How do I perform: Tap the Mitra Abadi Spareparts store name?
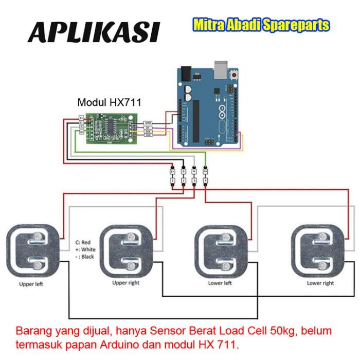261,25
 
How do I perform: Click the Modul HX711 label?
109,102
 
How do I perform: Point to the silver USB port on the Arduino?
220,68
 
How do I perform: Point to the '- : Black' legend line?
84,257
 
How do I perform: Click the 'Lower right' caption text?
321,283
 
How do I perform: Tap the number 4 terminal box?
205,181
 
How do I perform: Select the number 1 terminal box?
173,181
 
